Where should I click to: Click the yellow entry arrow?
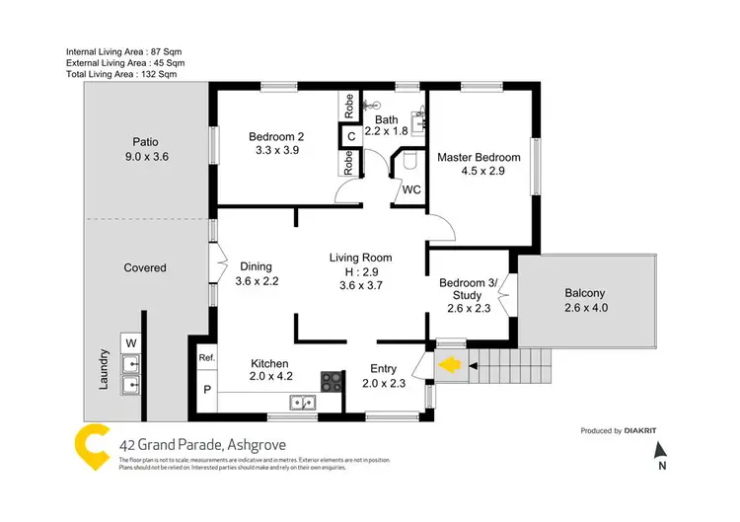[x=449, y=366]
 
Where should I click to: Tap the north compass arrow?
[x=662, y=450]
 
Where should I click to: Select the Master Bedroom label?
[x=479, y=158]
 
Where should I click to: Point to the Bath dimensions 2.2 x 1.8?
[x=386, y=130]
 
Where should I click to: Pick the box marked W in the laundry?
[x=130, y=343]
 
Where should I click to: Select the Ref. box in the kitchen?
[x=207, y=357]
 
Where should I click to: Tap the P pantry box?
[x=207, y=389]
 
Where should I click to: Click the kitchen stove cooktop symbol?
[x=332, y=380]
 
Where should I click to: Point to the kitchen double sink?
[x=302, y=402]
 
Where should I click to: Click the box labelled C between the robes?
[x=350, y=136]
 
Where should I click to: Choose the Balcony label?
[x=585, y=293]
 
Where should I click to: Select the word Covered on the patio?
[x=145, y=267]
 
